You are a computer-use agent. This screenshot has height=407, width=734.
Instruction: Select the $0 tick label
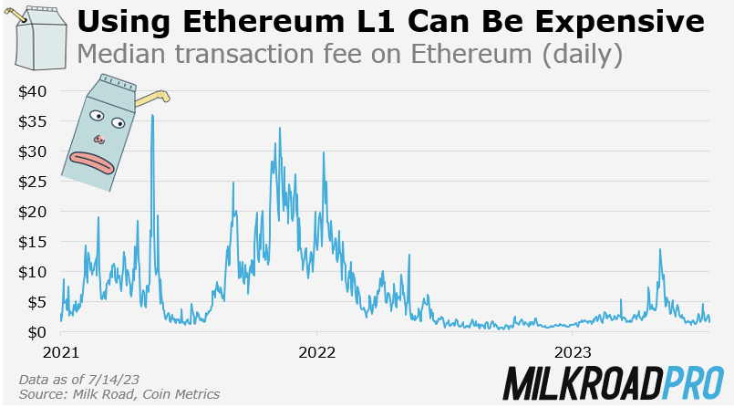point(38,331)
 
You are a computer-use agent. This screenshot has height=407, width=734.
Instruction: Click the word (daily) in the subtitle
point(581,55)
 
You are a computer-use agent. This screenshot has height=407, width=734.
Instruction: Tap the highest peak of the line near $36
point(151,116)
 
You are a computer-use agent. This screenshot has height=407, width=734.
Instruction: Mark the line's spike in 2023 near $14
point(659,249)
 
